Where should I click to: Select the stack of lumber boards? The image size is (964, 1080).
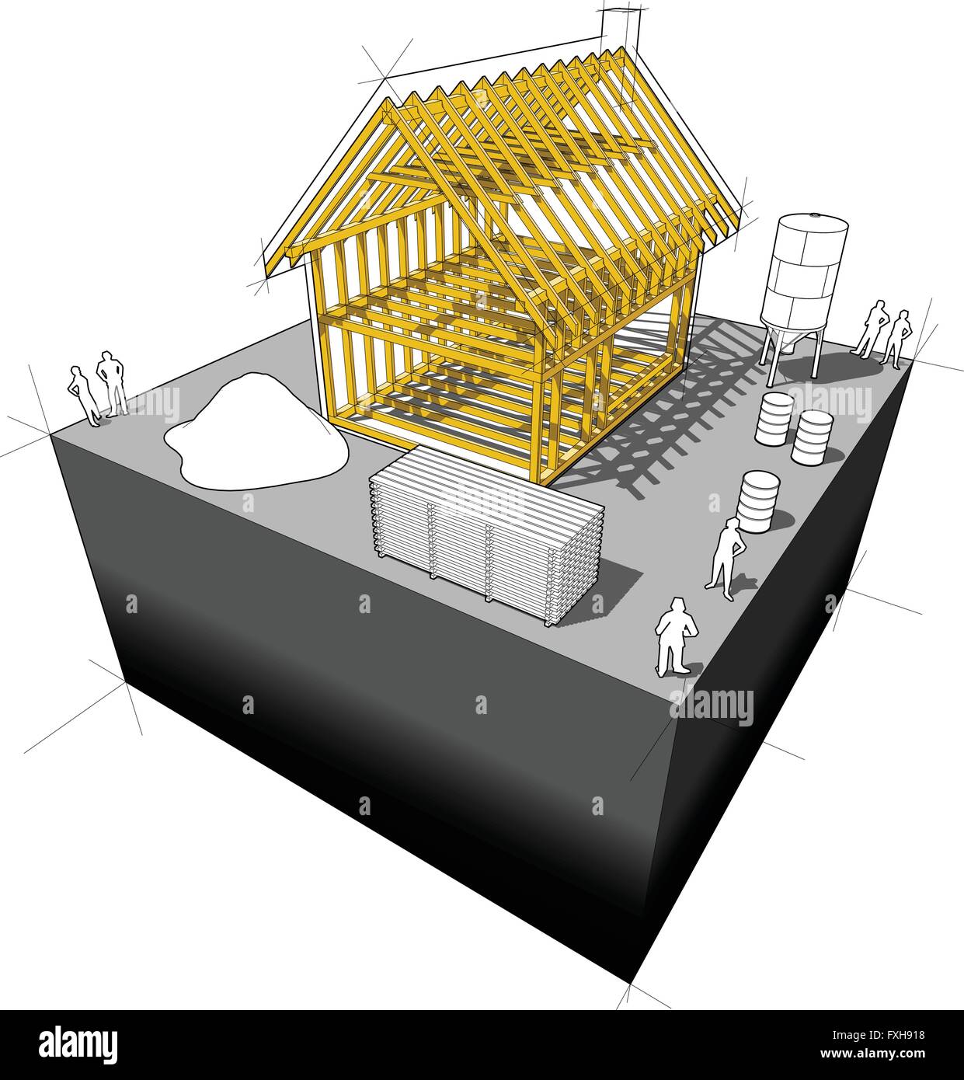[485, 531]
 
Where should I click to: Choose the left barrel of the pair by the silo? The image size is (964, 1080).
[774, 418]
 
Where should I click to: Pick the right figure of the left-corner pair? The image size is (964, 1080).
[112, 384]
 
